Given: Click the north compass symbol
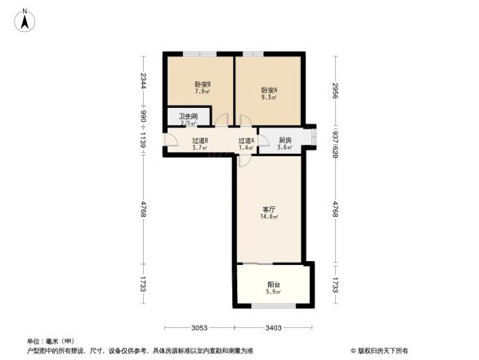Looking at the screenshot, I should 26,18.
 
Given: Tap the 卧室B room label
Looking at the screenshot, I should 203,85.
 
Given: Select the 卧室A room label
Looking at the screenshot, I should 269,90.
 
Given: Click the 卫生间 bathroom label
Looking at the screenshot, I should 187,117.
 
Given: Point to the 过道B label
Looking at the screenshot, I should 200,141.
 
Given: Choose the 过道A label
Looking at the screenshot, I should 247,141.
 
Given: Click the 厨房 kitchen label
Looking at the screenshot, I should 284,141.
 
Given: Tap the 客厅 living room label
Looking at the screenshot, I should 269,209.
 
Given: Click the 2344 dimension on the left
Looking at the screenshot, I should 143,81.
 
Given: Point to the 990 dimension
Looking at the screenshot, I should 143,117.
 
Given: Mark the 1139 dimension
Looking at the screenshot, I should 143,141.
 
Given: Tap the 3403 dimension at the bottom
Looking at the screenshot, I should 273,328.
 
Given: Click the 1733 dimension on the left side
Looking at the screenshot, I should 143,285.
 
